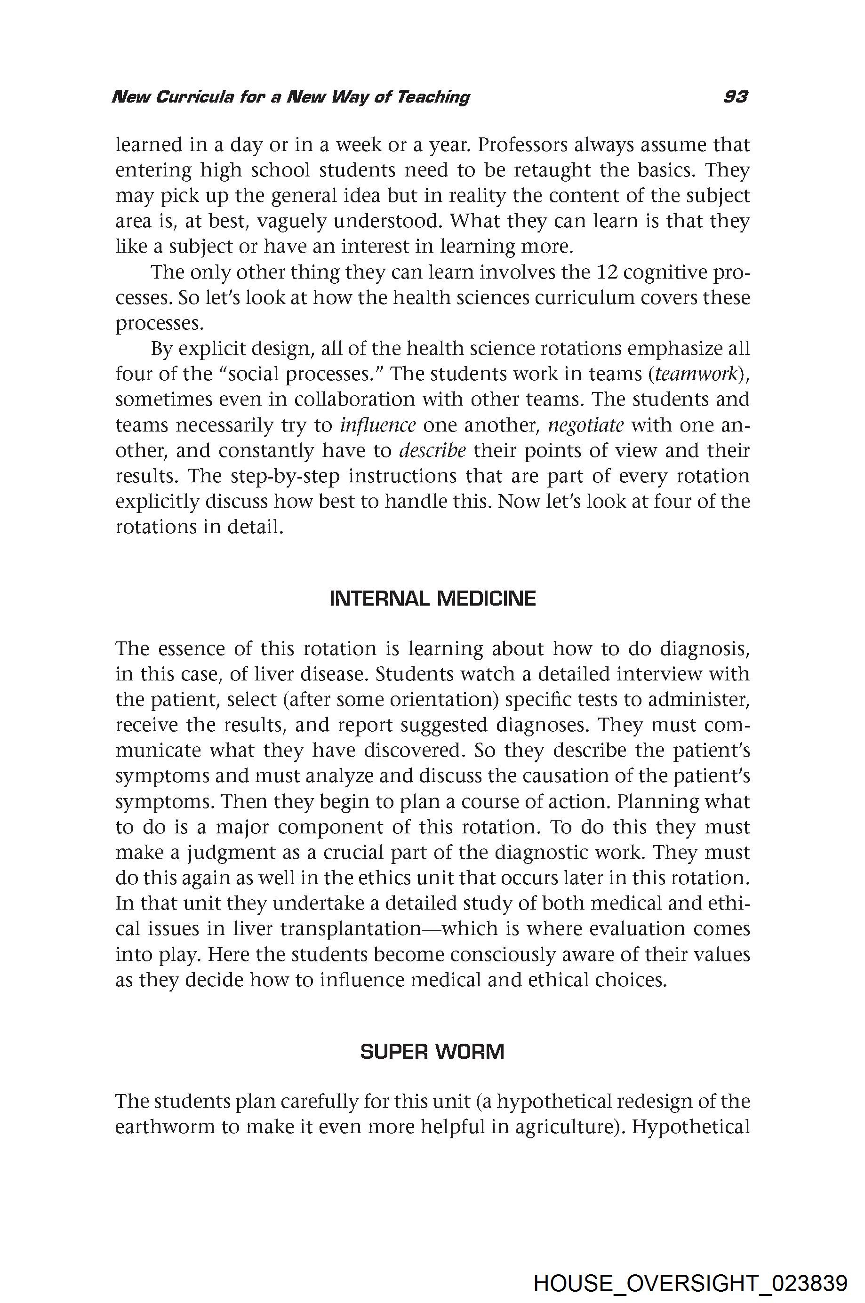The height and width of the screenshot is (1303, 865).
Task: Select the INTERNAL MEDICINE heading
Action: tap(432, 599)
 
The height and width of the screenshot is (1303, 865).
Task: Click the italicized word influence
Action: tap(378, 425)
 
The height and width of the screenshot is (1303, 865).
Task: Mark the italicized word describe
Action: tap(432, 451)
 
